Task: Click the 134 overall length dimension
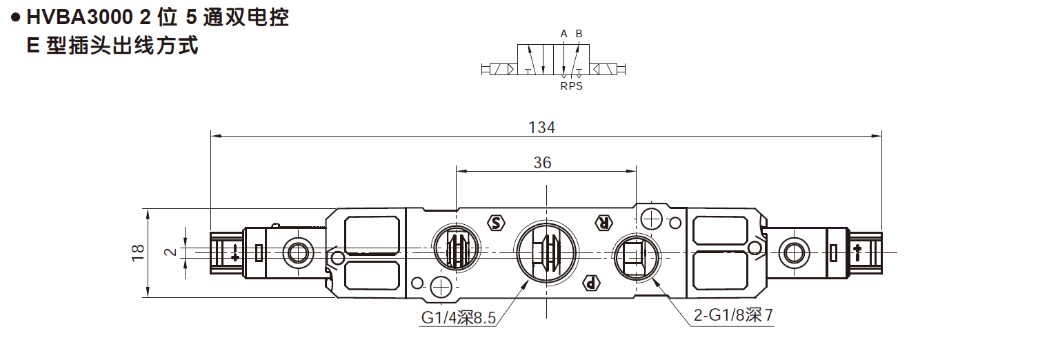541,127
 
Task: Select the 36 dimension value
542,162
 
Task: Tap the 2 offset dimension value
172,252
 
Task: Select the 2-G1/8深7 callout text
733,316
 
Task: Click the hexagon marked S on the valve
496,222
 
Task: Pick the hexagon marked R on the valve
603,222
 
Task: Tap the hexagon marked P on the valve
590,282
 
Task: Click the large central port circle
546,252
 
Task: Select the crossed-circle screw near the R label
651,219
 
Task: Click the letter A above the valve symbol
563,33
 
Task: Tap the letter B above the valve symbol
579,33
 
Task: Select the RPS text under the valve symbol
571,86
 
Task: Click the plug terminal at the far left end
226,252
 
